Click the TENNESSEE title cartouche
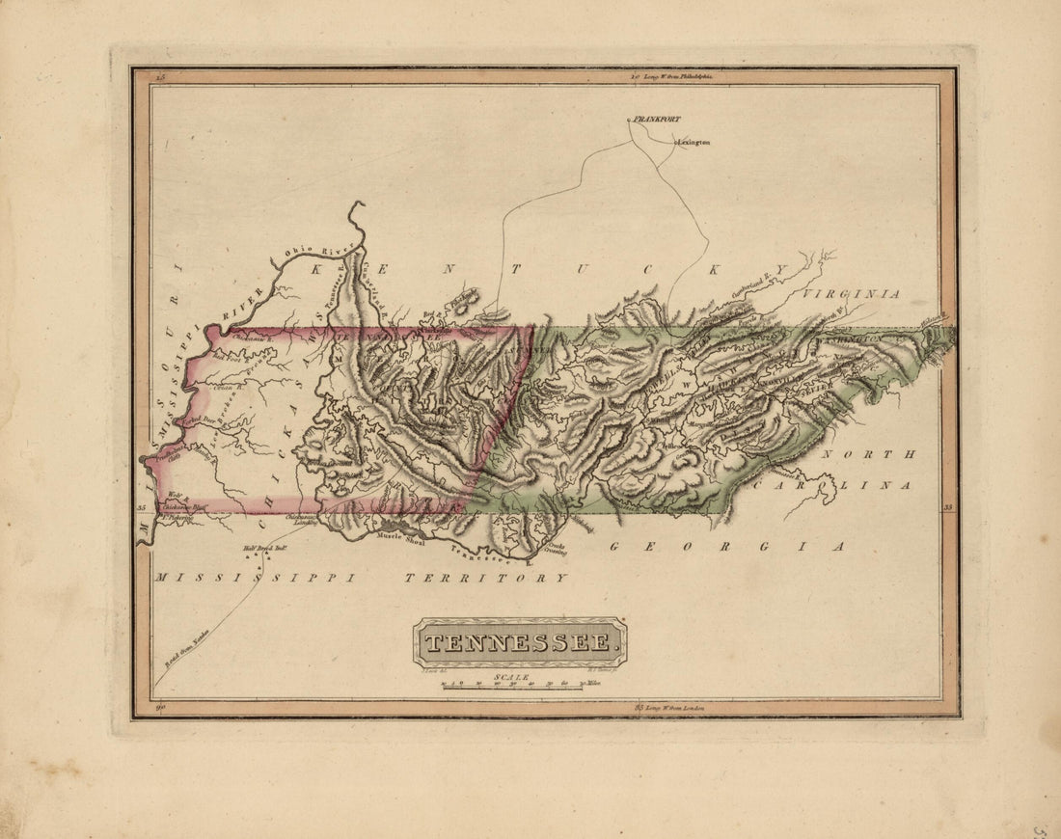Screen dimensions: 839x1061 pos(520,642)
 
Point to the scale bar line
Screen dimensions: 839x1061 pos(511,689)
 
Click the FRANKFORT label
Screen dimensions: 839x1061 pos(658,120)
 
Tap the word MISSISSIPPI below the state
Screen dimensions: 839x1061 pos(254,578)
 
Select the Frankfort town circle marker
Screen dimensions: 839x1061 pos(629,120)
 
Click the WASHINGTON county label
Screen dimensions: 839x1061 pos(849,340)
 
